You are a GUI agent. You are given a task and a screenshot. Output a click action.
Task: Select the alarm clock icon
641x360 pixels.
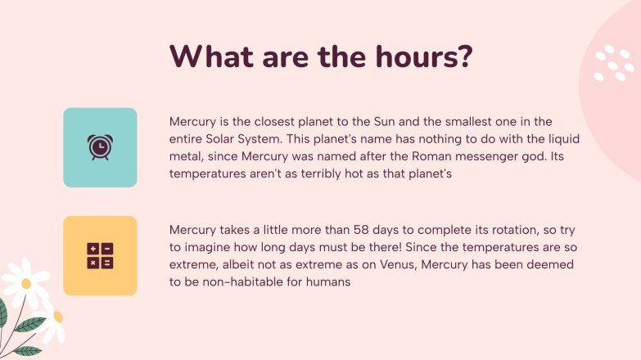[99, 147]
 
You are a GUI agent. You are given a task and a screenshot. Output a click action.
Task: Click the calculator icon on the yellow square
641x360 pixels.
[99, 255]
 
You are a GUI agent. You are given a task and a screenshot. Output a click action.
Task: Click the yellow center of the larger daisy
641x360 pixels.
[26, 283]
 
